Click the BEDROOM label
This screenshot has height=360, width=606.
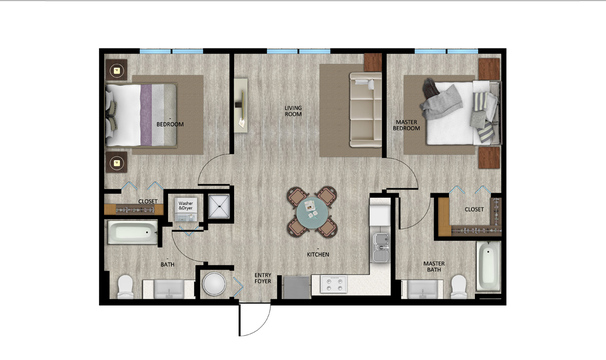pyautogui.click(x=171, y=124)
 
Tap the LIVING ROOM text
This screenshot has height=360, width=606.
pyautogui.click(x=293, y=110)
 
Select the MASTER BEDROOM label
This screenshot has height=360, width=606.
pyautogui.click(x=405, y=125)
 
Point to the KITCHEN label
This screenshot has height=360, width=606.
pyautogui.click(x=318, y=254)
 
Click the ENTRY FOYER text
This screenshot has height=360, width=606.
pyautogui.click(x=263, y=278)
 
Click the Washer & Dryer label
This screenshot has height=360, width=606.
pyautogui.click(x=186, y=205)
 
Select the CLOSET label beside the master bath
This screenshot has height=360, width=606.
pyautogui.click(x=474, y=209)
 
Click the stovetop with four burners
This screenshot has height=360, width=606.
pyautogui.click(x=333, y=285)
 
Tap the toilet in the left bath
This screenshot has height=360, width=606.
pyautogui.click(x=125, y=288)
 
